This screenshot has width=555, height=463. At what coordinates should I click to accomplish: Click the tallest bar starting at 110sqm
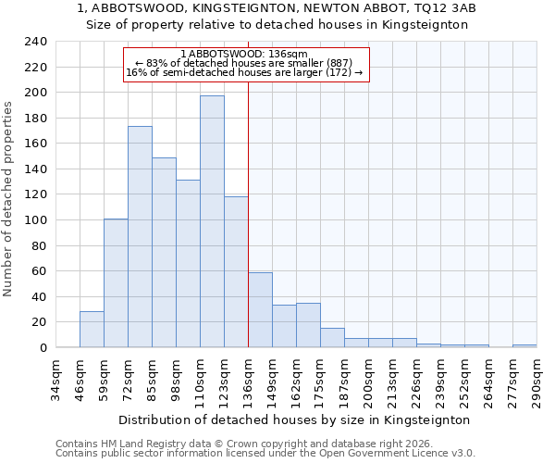[x=212, y=222]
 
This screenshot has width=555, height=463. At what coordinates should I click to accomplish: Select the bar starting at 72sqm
[x=140, y=237]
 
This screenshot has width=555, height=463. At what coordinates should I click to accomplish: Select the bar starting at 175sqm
[x=332, y=338]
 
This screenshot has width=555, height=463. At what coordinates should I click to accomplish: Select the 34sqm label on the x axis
[x=55, y=375]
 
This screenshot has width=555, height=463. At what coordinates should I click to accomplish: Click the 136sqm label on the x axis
[x=248, y=375]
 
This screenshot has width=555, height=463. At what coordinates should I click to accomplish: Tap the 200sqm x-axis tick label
[x=368, y=375]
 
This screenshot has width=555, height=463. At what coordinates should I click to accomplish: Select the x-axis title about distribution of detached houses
[x=295, y=419]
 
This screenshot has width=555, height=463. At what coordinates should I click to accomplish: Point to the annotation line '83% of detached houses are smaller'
[x=244, y=63]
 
